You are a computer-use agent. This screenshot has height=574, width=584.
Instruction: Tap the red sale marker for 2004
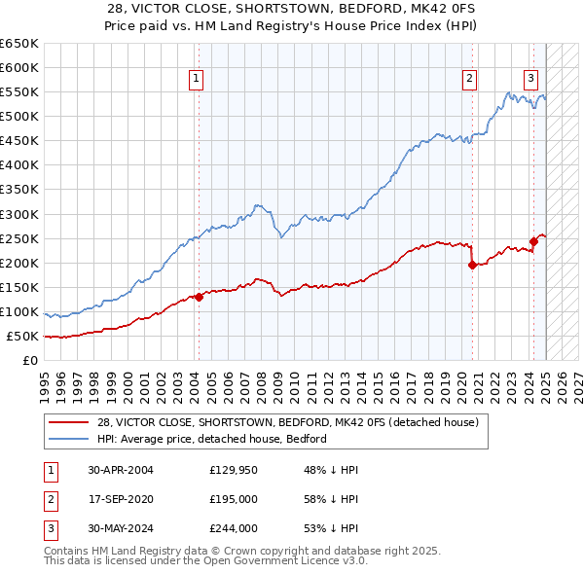199,297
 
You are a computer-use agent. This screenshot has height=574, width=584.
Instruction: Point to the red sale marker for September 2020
472,265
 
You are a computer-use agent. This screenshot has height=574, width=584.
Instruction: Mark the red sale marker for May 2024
533,241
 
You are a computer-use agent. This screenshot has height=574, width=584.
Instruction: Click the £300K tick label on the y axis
19,214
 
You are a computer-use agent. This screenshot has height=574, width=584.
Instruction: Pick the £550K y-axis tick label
19,92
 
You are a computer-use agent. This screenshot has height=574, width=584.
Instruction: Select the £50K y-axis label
23,337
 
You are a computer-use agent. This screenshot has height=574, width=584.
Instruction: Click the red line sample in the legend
68,422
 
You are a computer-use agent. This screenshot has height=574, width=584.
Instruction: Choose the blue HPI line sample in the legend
68,439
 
